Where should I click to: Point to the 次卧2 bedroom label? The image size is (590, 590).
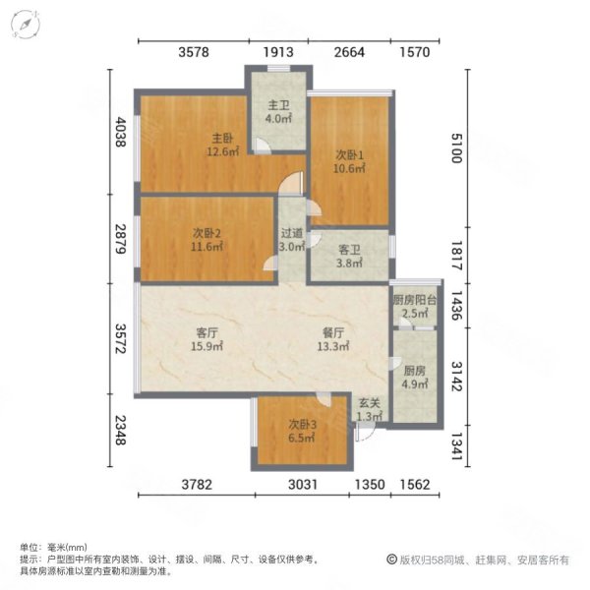[x=206, y=234]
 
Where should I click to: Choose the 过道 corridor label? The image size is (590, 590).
[x=290, y=234]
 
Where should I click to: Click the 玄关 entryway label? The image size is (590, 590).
[x=369, y=402]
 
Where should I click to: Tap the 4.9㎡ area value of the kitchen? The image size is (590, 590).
[x=414, y=384]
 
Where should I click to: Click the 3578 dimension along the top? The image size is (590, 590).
[x=190, y=53]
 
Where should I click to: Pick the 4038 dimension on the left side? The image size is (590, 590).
[x=120, y=133]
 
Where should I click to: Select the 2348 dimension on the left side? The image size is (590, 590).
[x=120, y=431]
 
